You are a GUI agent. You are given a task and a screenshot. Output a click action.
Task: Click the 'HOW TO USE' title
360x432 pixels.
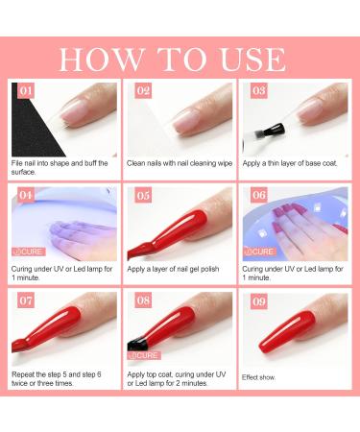click(180, 57)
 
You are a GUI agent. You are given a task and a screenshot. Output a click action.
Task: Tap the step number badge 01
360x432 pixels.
click(25, 92)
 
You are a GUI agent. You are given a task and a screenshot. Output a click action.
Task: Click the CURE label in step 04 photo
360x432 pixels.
click(30, 252)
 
